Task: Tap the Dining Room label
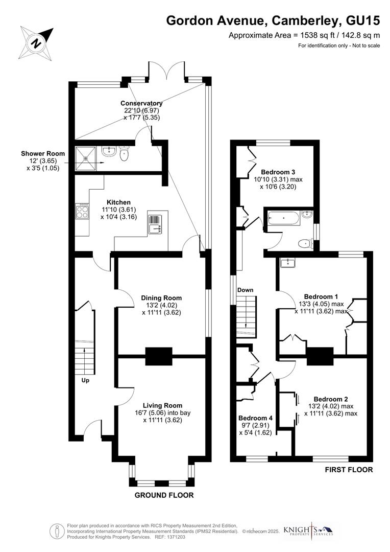pyautogui.click(x=161, y=298)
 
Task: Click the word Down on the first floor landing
pyautogui.click(x=245, y=290)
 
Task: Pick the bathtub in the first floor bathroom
pyautogui.click(x=282, y=219)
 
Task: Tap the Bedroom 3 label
pyautogui.click(x=278, y=172)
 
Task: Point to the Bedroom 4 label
pyautogui.click(x=256, y=418)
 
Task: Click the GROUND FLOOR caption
pyautogui.click(x=164, y=495)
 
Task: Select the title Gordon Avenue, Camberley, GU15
pyautogui.click(x=274, y=21)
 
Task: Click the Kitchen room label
pyautogui.click(x=118, y=202)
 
